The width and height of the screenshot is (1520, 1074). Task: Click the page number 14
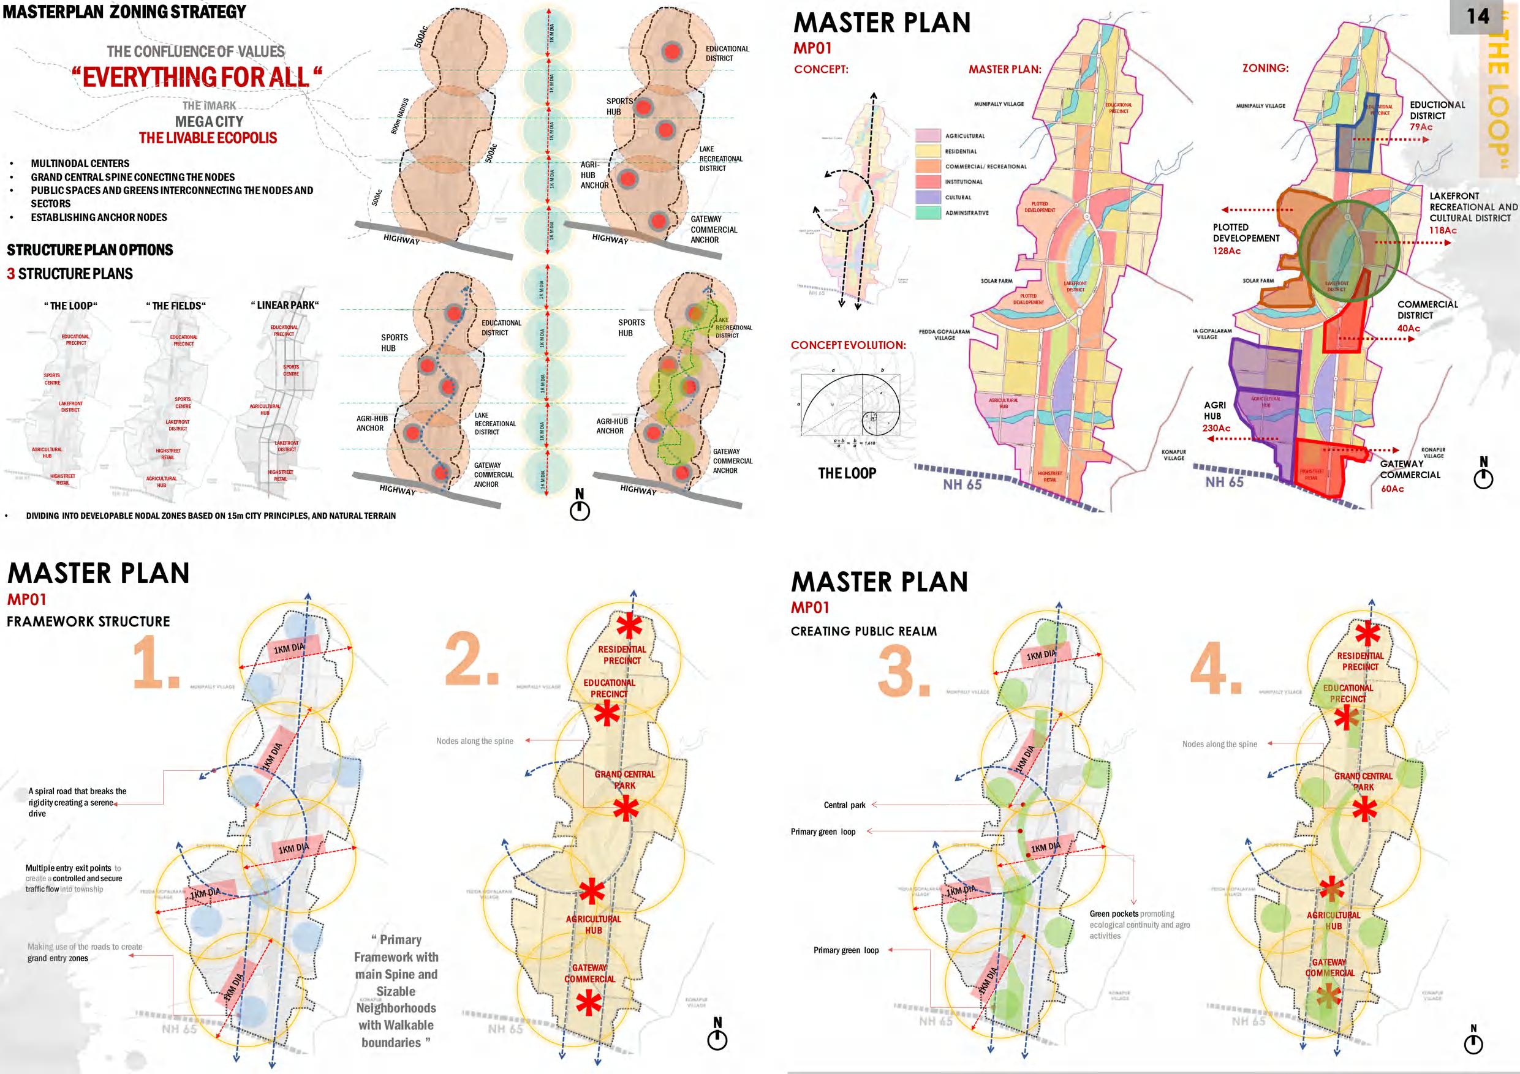pyautogui.click(x=1478, y=16)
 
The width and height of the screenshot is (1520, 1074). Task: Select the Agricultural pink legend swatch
pyautogui.click(x=928, y=136)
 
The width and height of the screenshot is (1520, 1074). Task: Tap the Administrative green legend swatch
pyautogui.click(x=928, y=212)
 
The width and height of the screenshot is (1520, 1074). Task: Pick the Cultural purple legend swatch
pyautogui.click(x=928, y=197)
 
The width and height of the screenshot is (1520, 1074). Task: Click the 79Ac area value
pyautogui.click(x=1421, y=127)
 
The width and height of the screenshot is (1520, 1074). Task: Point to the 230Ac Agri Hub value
pyautogui.click(x=1216, y=428)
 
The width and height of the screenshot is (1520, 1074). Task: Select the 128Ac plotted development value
pyautogui.click(x=1226, y=251)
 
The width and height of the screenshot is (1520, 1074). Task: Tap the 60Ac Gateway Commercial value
pyautogui.click(x=1392, y=489)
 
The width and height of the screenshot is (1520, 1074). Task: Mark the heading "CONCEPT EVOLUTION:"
pyautogui.click(x=848, y=345)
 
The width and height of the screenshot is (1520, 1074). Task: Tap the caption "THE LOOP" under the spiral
pyautogui.click(x=847, y=473)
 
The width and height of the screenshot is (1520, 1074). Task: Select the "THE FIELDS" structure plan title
pyautogui.click(x=175, y=306)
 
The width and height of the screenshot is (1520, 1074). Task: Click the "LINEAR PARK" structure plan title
pyautogui.click(x=285, y=305)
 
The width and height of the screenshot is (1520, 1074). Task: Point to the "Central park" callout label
pyautogui.click(x=844, y=805)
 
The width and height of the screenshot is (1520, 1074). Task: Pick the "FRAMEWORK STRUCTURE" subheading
pyautogui.click(x=88, y=621)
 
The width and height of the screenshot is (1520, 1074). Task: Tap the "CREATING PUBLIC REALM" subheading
pyautogui.click(x=863, y=631)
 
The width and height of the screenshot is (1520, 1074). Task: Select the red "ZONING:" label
pyautogui.click(x=1265, y=68)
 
